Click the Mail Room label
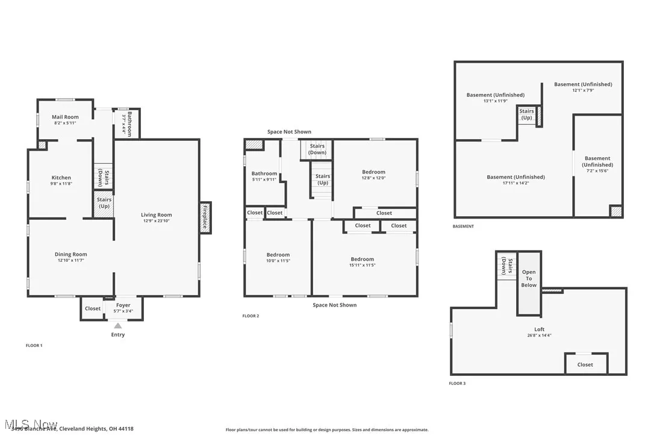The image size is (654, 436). (x=65, y=117)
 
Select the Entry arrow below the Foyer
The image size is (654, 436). (x=118, y=326)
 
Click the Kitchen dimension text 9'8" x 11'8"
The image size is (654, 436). (x=61, y=184)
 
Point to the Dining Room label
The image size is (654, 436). (x=71, y=254)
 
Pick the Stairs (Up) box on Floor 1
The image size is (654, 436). (x=104, y=203)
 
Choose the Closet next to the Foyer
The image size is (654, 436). (x=93, y=308)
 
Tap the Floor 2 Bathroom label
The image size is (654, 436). (x=264, y=173)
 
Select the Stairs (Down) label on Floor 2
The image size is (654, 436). (x=317, y=149)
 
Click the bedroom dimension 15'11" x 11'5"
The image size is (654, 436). (x=363, y=265)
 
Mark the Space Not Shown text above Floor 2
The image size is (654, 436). (x=289, y=132)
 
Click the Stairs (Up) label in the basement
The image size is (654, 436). (x=526, y=114)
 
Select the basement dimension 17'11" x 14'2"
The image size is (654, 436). (x=515, y=183)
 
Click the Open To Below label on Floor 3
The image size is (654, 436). (x=529, y=278)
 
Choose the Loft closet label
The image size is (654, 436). (x=585, y=364)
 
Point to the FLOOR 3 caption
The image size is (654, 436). (x=457, y=384)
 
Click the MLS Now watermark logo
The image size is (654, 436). (x=30, y=424)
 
